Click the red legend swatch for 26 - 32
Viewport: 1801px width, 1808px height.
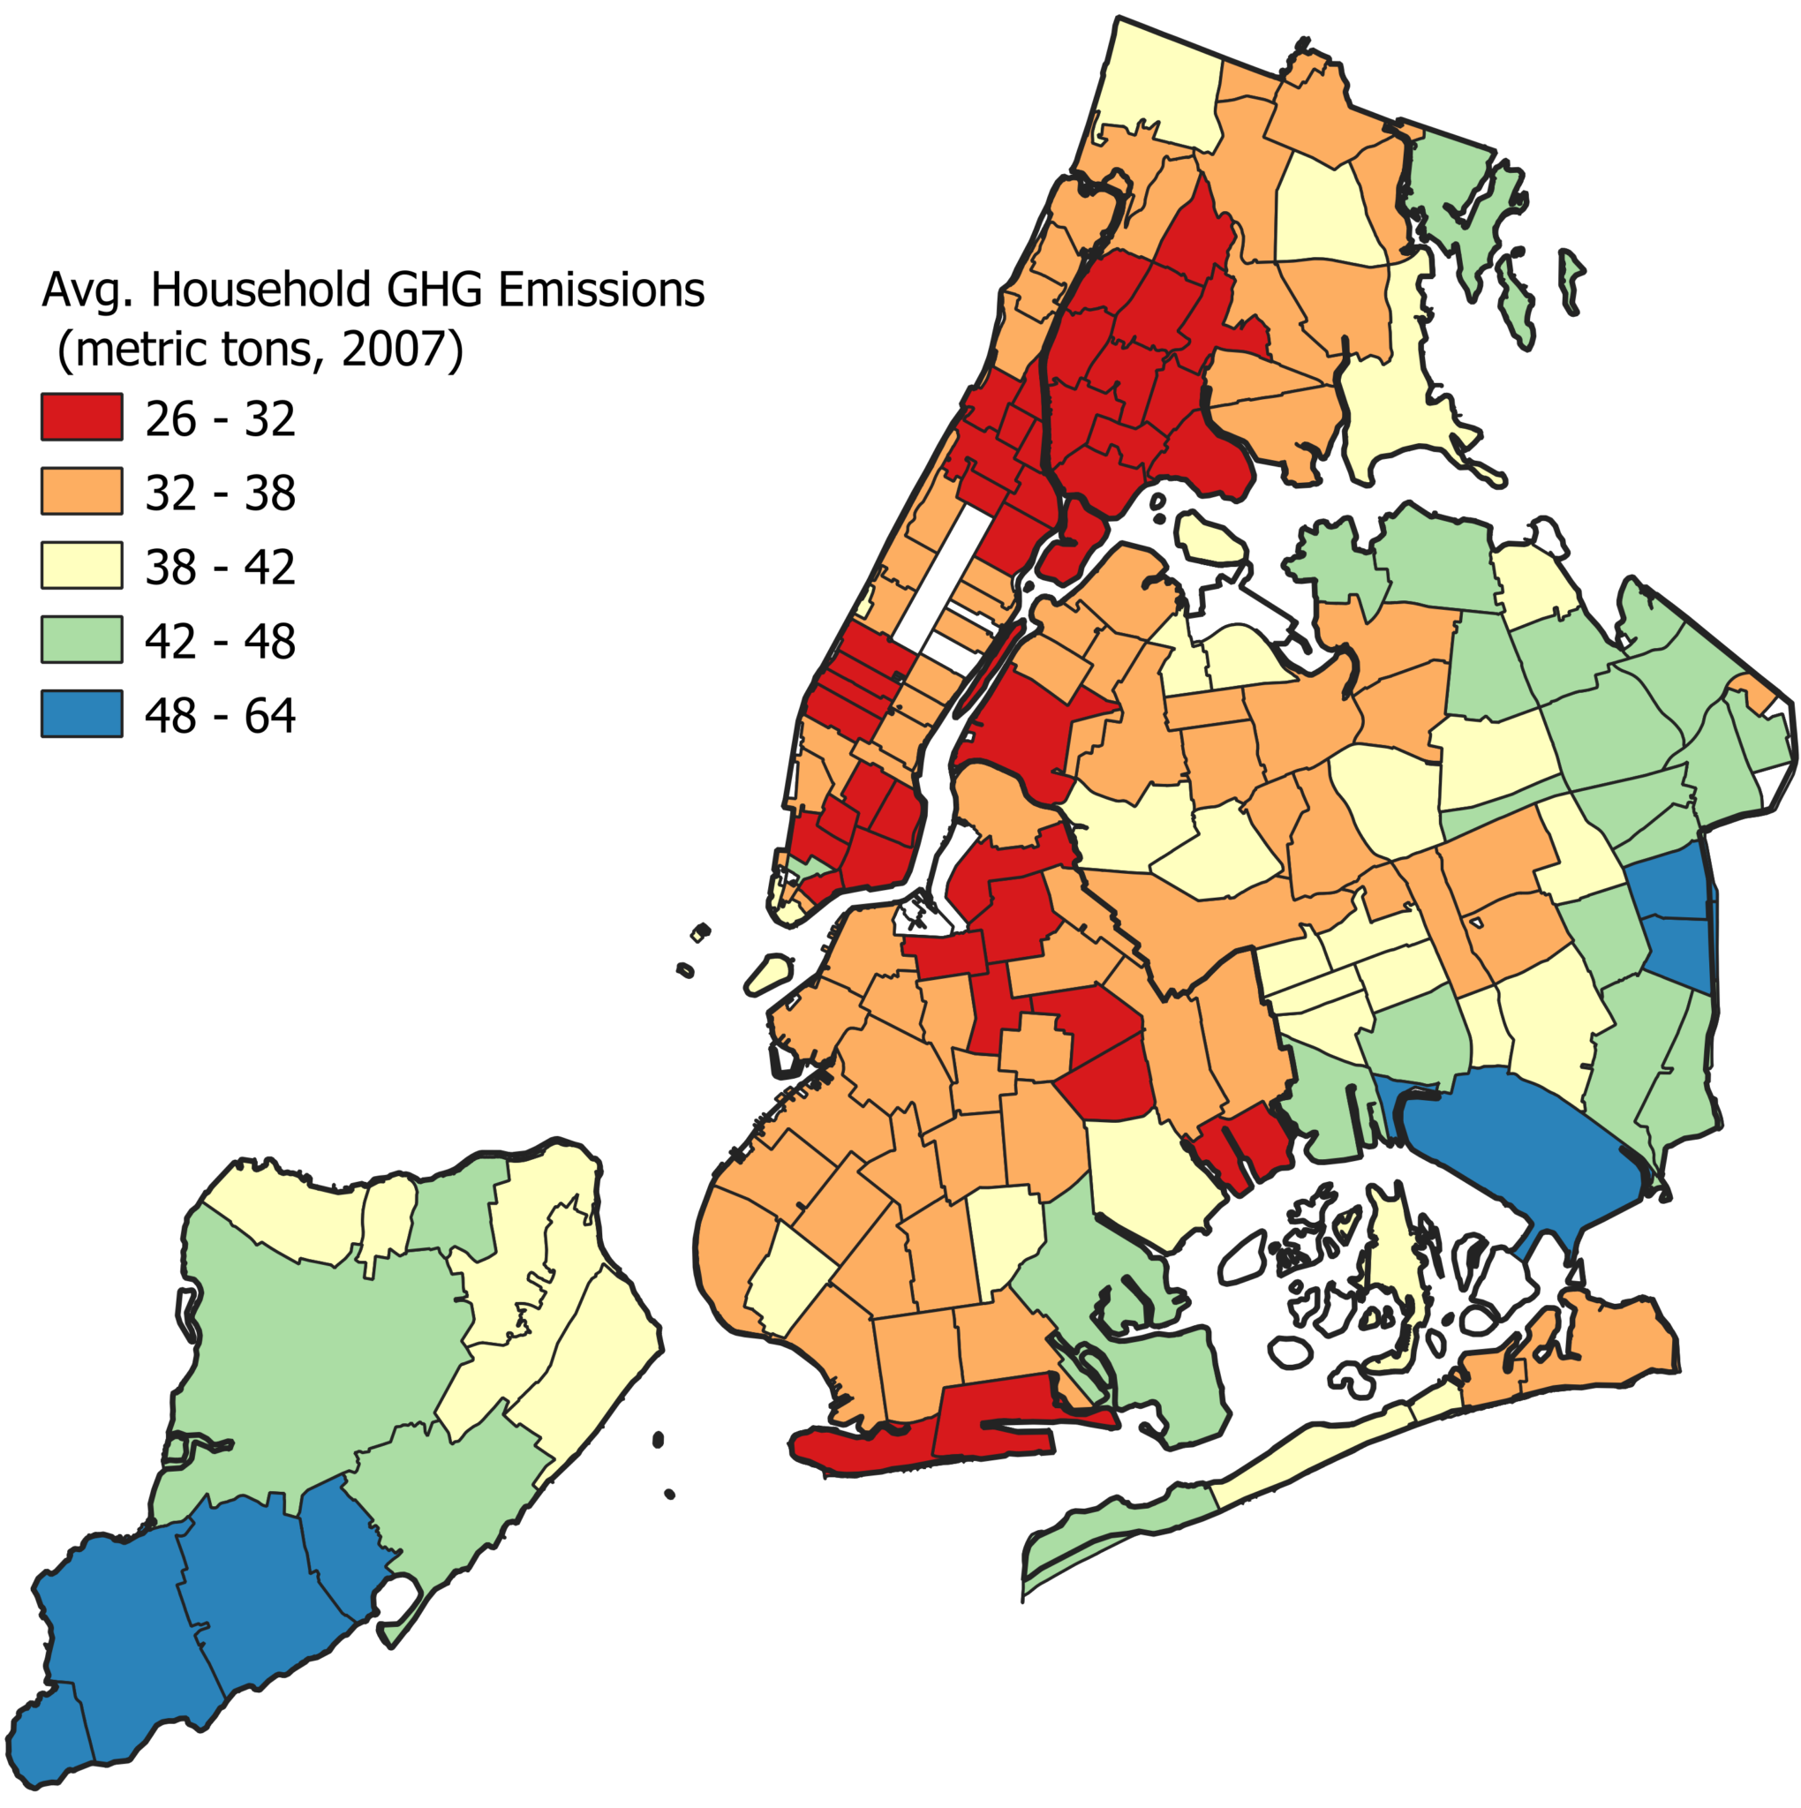(x=81, y=418)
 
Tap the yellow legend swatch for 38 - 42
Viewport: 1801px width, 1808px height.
(x=81, y=565)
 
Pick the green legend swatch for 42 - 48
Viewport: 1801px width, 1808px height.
(x=81, y=640)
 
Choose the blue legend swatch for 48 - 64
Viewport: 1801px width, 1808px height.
(x=81, y=714)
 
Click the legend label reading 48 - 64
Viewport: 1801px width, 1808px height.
(x=220, y=716)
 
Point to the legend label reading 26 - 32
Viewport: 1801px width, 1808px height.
(x=220, y=419)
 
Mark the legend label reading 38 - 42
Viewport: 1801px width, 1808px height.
(x=220, y=567)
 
